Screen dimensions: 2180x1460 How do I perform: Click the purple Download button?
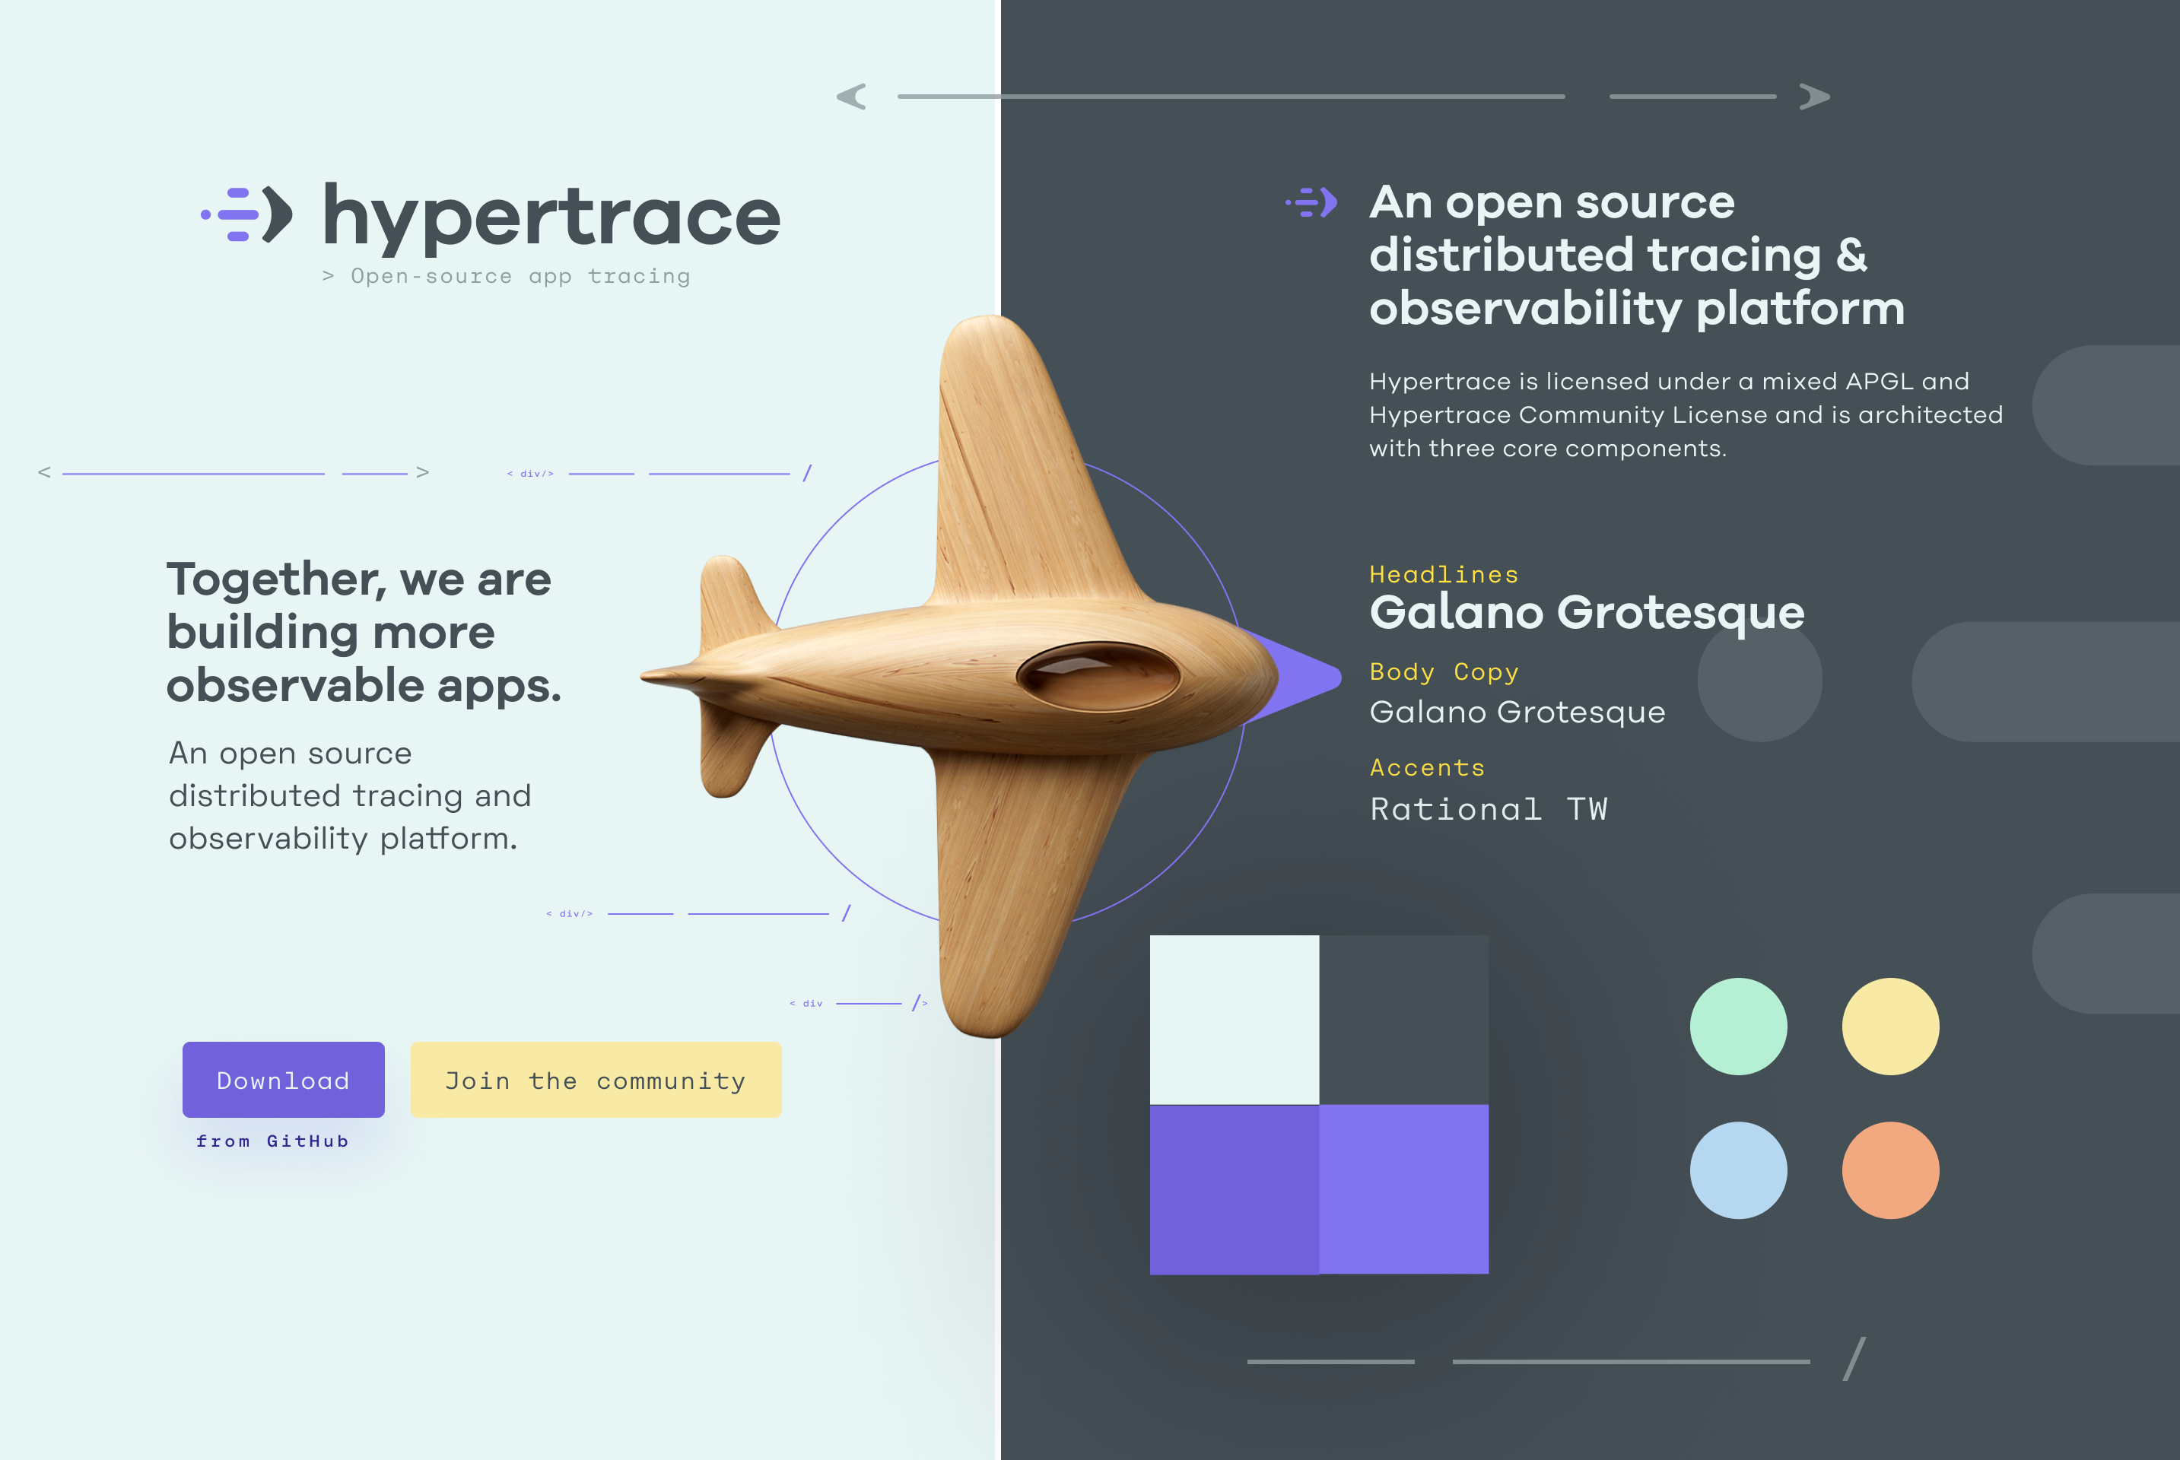point(283,1079)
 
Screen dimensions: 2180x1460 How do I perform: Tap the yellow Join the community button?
point(596,1079)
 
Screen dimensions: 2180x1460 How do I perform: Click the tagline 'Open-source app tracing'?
point(520,277)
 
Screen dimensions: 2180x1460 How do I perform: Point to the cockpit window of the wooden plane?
point(1099,676)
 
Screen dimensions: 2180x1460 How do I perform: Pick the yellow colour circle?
point(1890,1026)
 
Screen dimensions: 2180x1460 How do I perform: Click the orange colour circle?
point(1890,1170)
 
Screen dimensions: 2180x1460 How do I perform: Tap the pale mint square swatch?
point(1235,1020)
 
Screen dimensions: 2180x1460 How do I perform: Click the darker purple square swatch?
point(1235,1189)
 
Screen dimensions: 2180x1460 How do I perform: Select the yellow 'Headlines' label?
point(1444,575)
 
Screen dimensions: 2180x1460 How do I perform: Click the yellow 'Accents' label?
point(1427,767)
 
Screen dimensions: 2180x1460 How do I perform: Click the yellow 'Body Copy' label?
point(1444,671)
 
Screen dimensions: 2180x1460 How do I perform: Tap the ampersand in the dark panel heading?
point(1851,254)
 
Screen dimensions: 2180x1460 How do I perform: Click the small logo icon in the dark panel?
point(1311,202)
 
